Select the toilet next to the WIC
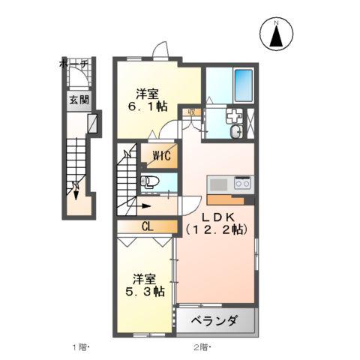150,181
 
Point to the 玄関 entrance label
78,99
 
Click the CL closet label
146,226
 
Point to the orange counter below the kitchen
225,199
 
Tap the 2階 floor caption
201,348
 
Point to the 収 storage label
191,112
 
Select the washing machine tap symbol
232,115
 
